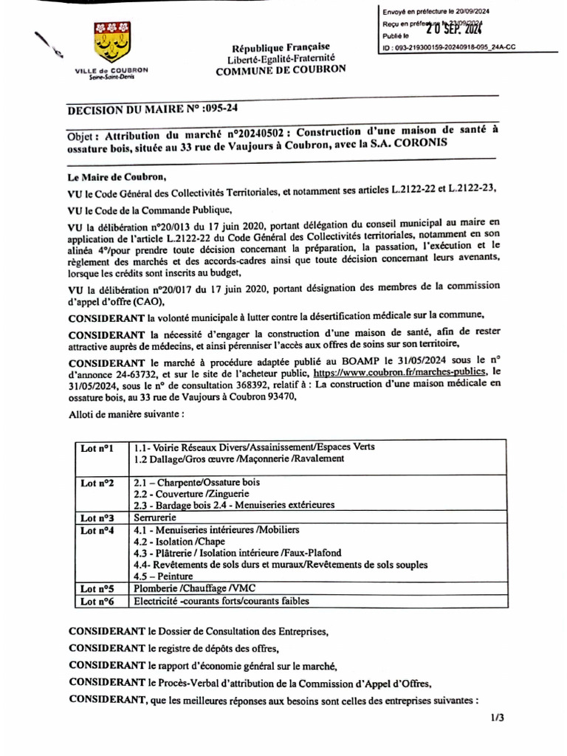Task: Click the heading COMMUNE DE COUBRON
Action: [279, 72]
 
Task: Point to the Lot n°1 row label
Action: [97, 447]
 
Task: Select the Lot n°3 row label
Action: [97, 518]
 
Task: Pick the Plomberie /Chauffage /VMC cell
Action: [187, 588]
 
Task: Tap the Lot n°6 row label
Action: [97, 601]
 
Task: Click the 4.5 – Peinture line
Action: [163, 576]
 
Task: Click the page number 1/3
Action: [496, 718]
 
